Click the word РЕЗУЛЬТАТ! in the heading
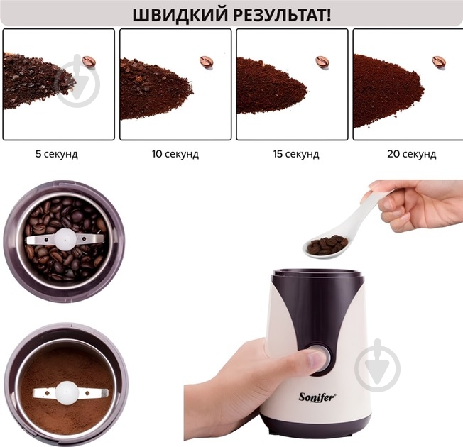pyautogui.click(x=283, y=15)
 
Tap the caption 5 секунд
pyautogui.click(x=57, y=154)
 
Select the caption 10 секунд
pyautogui.click(x=175, y=154)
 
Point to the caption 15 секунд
pyautogui.click(x=296, y=154)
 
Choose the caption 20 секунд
pyautogui.click(x=412, y=154)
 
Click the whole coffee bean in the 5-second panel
pyautogui.click(x=89, y=62)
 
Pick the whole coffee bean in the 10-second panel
pyautogui.click(x=207, y=62)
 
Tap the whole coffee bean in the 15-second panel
pyautogui.click(x=322, y=62)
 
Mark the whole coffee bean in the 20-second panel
pyautogui.click(x=439, y=62)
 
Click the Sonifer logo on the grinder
pyautogui.click(x=317, y=397)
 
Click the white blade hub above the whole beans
pyautogui.click(x=65, y=238)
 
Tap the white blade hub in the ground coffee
pyautogui.click(x=67, y=392)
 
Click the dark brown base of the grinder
pyautogui.click(x=317, y=428)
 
